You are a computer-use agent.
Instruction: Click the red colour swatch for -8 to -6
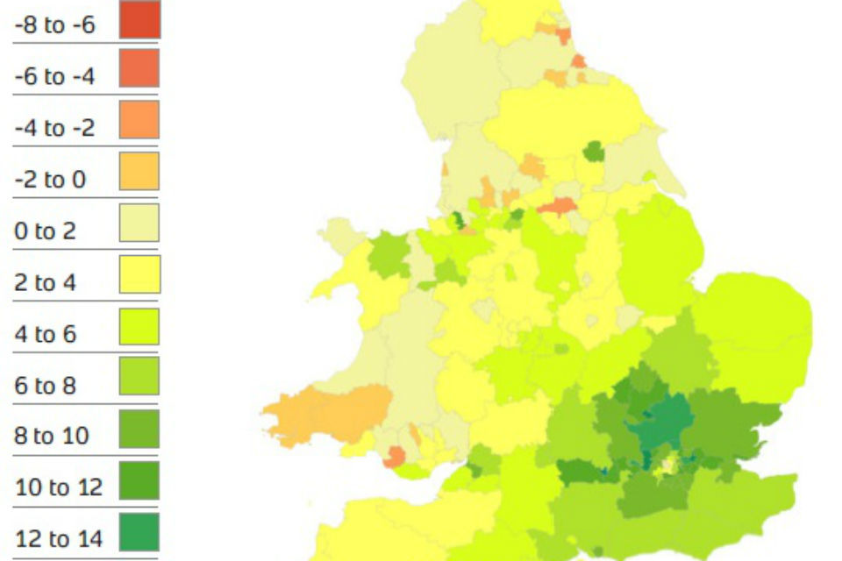[139, 19]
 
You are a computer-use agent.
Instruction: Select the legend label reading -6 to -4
[54, 77]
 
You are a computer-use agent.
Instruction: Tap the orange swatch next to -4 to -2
[139, 120]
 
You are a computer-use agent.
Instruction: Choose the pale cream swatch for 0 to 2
[139, 223]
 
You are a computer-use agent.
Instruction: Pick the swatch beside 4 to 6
[139, 326]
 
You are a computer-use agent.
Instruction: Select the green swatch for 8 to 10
[139, 429]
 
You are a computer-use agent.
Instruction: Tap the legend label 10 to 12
[58, 487]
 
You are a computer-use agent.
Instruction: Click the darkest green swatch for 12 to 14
[139, 531]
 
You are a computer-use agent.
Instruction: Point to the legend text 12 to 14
[58, 538]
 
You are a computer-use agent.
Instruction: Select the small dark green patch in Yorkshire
[594, 152]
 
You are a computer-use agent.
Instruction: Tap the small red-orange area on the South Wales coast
[395, 456]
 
